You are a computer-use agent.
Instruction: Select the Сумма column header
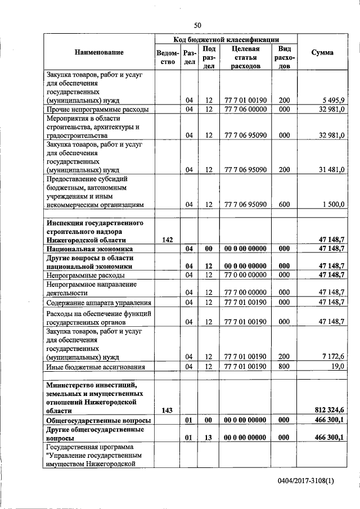pos(322,52)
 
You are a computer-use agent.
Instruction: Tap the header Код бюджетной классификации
pos(226,39)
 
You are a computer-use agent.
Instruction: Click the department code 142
pos(167,240)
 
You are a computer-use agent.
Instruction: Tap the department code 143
pos(167,411)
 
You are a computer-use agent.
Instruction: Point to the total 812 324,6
pos(327,411)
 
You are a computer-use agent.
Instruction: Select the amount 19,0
pos(337,367)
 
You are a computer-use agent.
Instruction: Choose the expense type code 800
pos(284,367)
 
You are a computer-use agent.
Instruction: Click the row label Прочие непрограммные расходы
pos(98,109)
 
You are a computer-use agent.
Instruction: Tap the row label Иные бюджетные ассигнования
pos(96,367)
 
